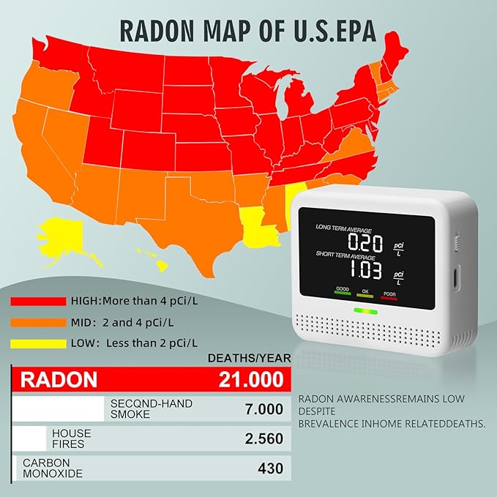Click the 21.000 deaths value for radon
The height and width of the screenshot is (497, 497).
coord(250,379)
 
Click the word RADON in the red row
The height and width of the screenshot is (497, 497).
coord(58,379)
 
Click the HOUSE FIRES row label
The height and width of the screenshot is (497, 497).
coord(72,438)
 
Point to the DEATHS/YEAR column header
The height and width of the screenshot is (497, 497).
coord(250,358)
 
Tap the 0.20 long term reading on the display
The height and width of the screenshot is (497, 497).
coord(365,242)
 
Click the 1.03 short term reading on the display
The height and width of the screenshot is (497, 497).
coord(365,272)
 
